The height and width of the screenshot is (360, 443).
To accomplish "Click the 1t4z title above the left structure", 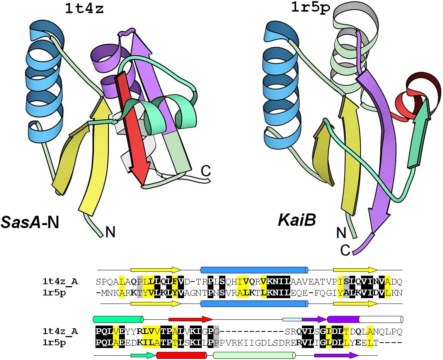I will tap(84, 9).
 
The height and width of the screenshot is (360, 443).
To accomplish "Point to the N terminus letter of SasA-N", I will tap(110, 232).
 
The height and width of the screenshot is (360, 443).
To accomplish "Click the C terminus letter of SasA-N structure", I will tap(206, 170).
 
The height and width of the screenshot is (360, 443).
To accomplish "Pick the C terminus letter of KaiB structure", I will tap(346, 251).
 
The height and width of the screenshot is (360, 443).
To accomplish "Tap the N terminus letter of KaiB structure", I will tap(341, 233).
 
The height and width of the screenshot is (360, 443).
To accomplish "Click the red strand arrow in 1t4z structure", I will tap(132, 128).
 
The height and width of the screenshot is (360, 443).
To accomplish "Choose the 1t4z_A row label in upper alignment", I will tap(60, 282).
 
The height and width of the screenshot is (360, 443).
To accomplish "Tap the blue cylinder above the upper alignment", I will tap(254, 270).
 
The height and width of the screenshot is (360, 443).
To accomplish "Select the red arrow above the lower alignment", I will tap(191, 319).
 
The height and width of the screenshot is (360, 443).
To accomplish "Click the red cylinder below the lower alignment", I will tap(181, 355).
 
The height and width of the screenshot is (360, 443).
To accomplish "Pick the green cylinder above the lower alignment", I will tap(118, 319).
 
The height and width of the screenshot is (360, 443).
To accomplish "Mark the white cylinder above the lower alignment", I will tap(381, 319).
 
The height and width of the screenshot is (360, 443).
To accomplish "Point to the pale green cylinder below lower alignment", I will tap(254, 355).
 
